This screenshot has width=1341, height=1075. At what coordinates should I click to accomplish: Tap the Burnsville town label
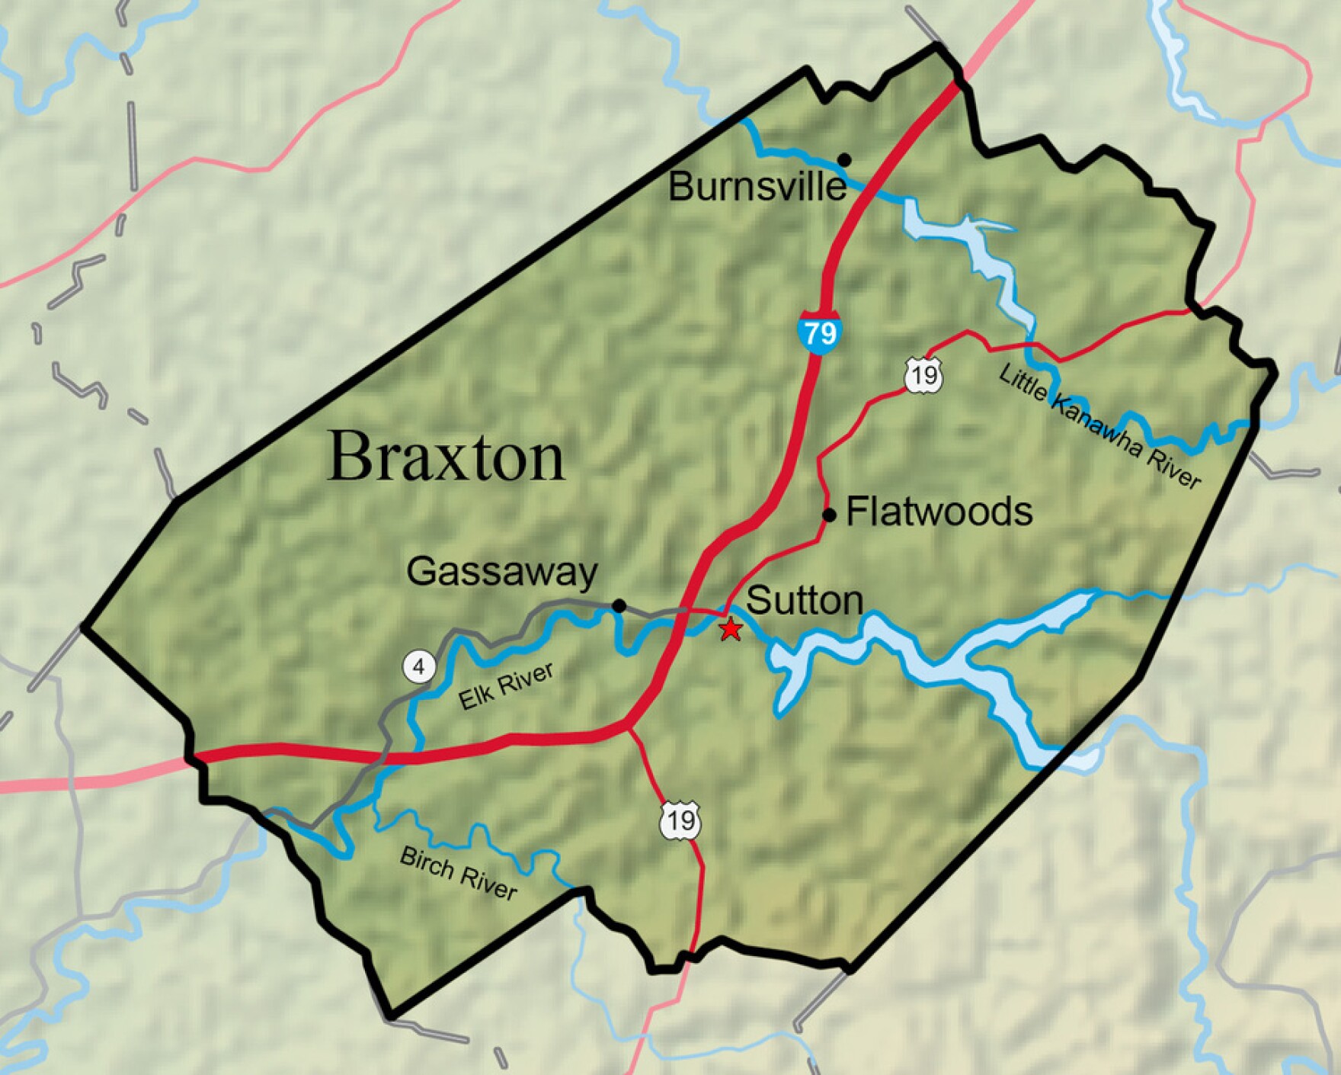coord(757,187)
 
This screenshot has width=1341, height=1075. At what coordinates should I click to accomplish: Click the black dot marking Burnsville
coord(844,159)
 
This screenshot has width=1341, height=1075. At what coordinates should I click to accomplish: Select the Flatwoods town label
coord(939,512)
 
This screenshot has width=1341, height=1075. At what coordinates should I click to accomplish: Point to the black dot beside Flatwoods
coord(830,515)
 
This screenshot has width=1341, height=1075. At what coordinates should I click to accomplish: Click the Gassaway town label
coord(502,572)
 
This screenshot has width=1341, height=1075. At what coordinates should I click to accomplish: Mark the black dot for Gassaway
coord(619,606)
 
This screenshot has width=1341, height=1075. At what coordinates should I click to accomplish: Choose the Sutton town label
coord(805,601)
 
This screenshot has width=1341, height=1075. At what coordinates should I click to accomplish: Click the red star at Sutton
coord(730,629)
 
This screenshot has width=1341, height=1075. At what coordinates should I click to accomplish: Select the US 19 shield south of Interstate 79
coord(680,820)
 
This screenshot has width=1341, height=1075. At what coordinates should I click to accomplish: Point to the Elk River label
coord(506,686)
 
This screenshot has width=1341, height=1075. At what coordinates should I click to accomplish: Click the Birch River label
coord(458,873)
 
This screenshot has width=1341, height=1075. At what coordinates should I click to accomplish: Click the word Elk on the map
coord(473,698)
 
